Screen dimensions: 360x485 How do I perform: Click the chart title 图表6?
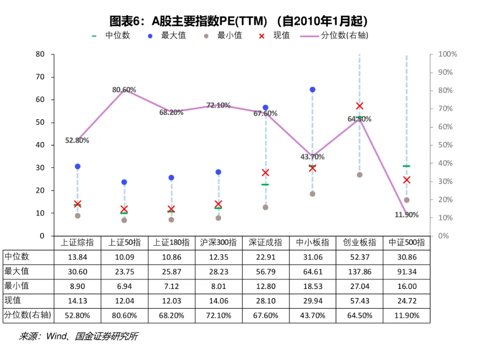coord(239,21)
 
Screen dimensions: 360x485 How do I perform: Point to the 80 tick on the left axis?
coord(41,54)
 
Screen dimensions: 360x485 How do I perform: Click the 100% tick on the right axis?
coord(447,54)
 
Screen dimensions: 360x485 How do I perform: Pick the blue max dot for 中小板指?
coord(313,90)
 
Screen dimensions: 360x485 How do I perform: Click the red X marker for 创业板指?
coord(359,106)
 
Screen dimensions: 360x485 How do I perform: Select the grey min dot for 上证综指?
coord(78,216)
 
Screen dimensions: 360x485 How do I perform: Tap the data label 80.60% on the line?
coord(124,90)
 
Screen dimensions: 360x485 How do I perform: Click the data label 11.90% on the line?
coord(406,215)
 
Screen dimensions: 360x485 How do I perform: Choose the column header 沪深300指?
coord(218,243)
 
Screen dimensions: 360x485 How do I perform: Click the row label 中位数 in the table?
coord(17,257)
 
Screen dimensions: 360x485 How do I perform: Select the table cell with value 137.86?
coord(359,271)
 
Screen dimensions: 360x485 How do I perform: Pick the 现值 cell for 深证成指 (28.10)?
coord(266,300)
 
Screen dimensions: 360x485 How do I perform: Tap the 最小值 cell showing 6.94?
coord(124,286)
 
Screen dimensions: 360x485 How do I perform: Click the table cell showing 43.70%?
coord(313,315)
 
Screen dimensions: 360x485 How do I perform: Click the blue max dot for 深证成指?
coord(266,108)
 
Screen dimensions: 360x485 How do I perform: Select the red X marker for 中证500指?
coord(406,180)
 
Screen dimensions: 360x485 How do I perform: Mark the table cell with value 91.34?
coord(406,271)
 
